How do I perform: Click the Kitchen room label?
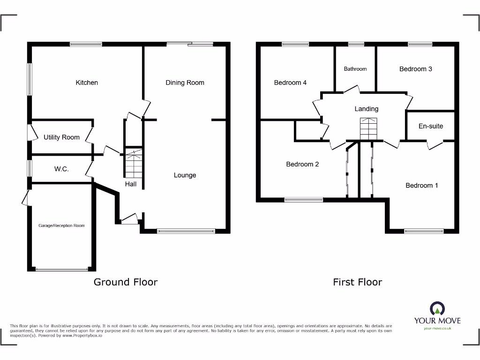pyautogui.click(x=87, y=82)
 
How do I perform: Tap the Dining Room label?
pyautogui.click(x=185, y=82)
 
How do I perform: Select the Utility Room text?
pyautogui.click(x=61, y=137)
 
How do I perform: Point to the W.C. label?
pyautogui.click(x=61, y=169)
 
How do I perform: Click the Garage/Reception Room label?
pyautogui.click(x=61, y=225)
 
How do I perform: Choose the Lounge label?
pyautogui.click(x=185, y=175)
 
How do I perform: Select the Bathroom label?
pyautogui.click(x=355, y=69)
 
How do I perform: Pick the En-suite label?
pyautogui.click(x=430, y=126)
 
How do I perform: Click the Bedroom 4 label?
pyautogui.click(x=290, y=82)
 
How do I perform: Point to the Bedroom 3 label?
pyautogui.click(x=415, y=69)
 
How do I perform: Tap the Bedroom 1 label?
pyautogui.click(x=421, y=185)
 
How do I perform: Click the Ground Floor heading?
pyautogui.click(x=126, y=282)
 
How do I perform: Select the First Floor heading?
pyautogui.click(x=357, y=282)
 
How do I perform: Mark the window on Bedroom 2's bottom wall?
pyautogui.click(x=304, y=200)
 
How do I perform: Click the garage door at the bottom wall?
pyautogui.click(x=61, y=269)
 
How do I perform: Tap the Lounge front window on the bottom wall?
pyautogui.click(x=186, y=231)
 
